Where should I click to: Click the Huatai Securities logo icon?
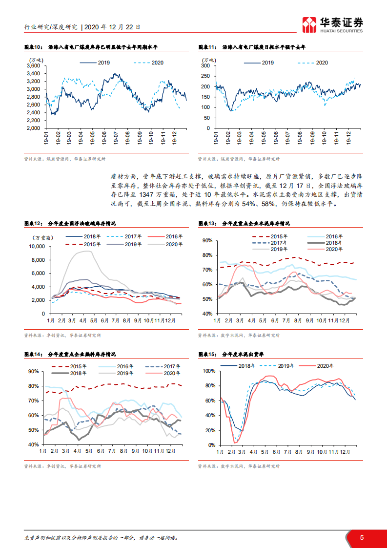pos(309,24)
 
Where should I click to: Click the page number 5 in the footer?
pos(362,537)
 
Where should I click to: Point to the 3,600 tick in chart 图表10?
pos(33,66)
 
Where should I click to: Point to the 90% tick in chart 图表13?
pos(207,240)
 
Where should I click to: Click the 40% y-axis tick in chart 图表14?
pos(33,445)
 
